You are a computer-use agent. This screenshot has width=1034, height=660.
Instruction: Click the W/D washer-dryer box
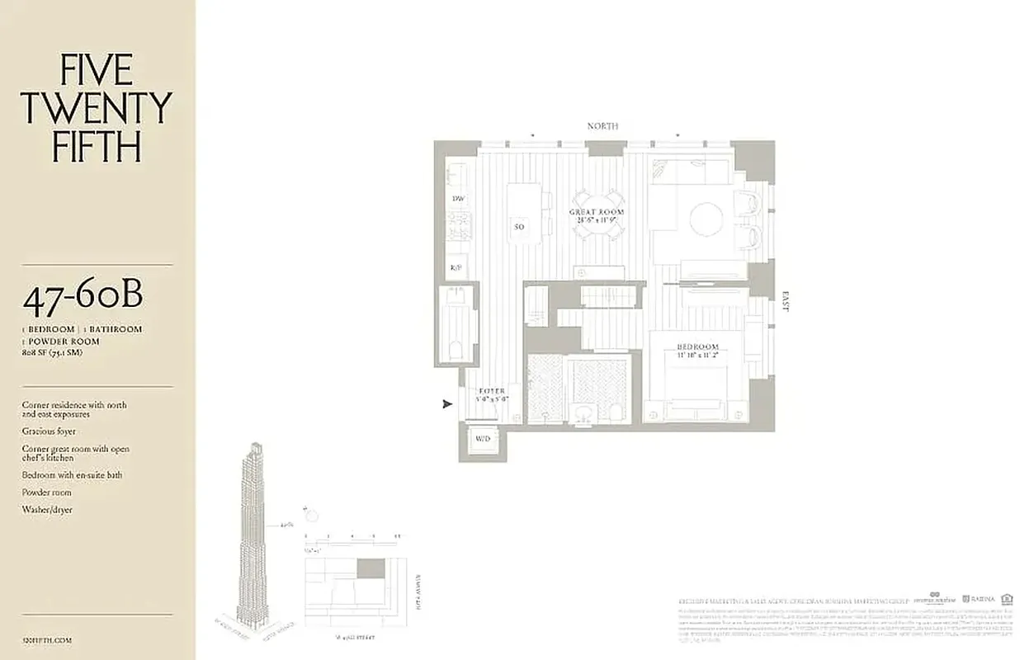(483, 439)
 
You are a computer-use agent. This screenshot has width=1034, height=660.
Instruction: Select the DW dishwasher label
(457, 200)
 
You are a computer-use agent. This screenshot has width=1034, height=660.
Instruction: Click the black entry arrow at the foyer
(447, 404)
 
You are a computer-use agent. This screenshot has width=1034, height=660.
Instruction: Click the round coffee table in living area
(706, 219)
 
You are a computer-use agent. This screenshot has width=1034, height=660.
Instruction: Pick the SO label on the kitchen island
(519, 227)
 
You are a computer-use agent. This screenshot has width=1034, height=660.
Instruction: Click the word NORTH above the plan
(602, 126)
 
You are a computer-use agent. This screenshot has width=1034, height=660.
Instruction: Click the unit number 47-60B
(83, 299)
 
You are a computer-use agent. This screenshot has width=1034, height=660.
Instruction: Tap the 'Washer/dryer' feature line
(47, 510)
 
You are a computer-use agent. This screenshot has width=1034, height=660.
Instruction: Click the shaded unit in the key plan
(371, 568)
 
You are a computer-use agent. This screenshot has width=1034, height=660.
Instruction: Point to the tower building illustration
(253, 536)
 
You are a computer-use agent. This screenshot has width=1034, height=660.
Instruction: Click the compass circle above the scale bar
(311, 516)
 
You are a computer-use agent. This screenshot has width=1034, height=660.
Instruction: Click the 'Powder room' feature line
(47, 493)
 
